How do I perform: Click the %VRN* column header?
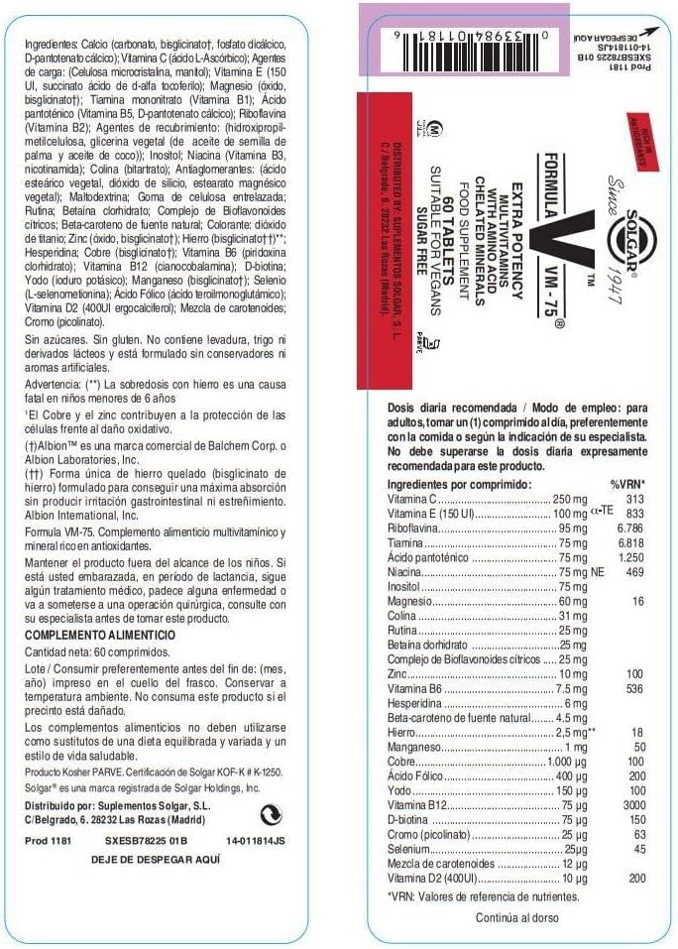point(628,482)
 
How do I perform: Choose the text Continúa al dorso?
point(516,917)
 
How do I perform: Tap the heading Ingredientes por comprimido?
point(459,482)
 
